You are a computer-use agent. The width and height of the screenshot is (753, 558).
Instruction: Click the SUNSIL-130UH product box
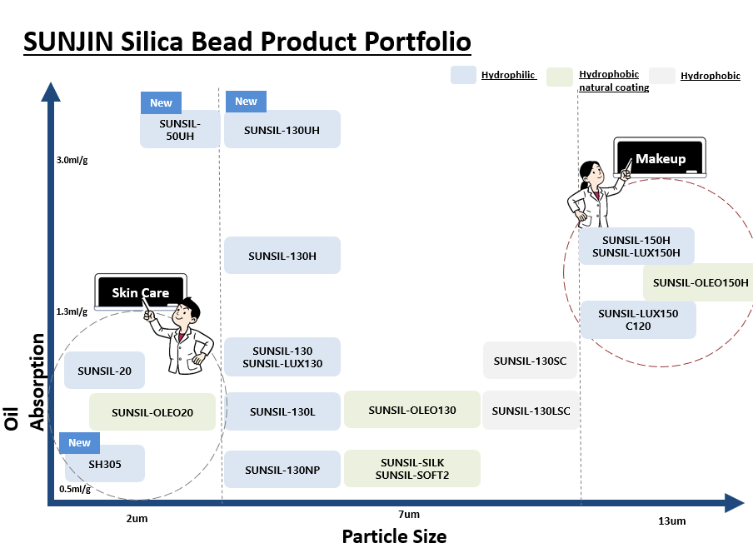[x=282, y=129]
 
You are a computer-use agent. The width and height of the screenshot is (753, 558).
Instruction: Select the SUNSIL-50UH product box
[x=180, y=129]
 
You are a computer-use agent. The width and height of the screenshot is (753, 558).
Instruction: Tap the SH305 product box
[x=105, y=463]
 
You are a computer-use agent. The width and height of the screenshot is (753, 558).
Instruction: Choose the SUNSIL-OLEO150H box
[x=699, y=282]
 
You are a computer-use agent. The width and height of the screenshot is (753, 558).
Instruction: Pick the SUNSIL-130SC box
[x=530, y=360]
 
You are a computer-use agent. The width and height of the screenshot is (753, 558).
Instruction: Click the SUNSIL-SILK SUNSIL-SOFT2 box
[x=412, y=468]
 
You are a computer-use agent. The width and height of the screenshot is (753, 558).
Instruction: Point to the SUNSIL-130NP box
[x=282, y=469]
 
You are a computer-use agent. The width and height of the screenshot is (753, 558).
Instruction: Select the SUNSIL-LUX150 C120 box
[x=638, y=320]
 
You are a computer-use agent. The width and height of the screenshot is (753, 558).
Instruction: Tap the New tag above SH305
[x=79, y=443]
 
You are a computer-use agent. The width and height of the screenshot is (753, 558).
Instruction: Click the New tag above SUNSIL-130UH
[x=246, y=102]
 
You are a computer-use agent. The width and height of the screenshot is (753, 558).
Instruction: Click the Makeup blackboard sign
[x=660, y=158]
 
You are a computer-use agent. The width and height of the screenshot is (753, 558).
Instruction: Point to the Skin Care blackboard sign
[x=140, y=292]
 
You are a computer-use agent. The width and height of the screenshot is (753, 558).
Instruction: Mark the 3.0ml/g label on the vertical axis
[x=72, y=160]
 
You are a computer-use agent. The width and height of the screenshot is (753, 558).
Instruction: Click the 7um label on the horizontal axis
[x=409, y=515]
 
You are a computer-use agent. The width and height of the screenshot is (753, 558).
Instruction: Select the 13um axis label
[x=672, y=521]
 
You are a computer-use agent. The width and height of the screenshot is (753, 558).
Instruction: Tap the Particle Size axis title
[x=394, y=536]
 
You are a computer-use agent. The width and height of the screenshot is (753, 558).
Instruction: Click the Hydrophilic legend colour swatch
[x=463, y=75]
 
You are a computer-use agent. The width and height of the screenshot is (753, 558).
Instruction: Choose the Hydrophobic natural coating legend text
[x=614, y=81]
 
